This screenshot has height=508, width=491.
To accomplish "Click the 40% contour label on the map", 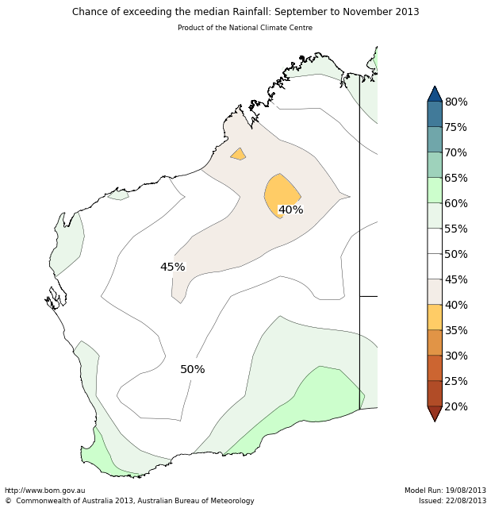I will (x=290, y=210).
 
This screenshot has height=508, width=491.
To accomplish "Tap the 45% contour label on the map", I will (x=172, y=267).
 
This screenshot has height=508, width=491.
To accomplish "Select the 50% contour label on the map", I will (x=192, y=370).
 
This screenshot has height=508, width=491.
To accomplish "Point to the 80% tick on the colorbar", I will (x=455, y=102).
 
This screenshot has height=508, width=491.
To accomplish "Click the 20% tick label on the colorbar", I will (x=455, y=406).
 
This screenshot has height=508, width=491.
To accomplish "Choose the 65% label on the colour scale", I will (x=455, y=178).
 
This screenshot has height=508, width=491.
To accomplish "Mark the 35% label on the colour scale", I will (x=455, y=330).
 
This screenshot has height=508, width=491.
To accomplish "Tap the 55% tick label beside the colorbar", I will (x=455, y=229).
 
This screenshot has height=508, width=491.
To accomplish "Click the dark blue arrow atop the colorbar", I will (x=435, y=94).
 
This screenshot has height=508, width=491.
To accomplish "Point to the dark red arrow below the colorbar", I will (x=435, y=413).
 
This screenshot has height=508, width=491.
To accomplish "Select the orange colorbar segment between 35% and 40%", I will (x=435, y=317).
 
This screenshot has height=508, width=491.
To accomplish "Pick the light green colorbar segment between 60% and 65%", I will (x=435, y=190).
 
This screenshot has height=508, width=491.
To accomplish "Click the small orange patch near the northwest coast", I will (x=238, y=154).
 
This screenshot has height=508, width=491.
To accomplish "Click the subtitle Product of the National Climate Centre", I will (x=245, y=28).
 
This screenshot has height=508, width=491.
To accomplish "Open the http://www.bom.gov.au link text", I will (x=44, y=491).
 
